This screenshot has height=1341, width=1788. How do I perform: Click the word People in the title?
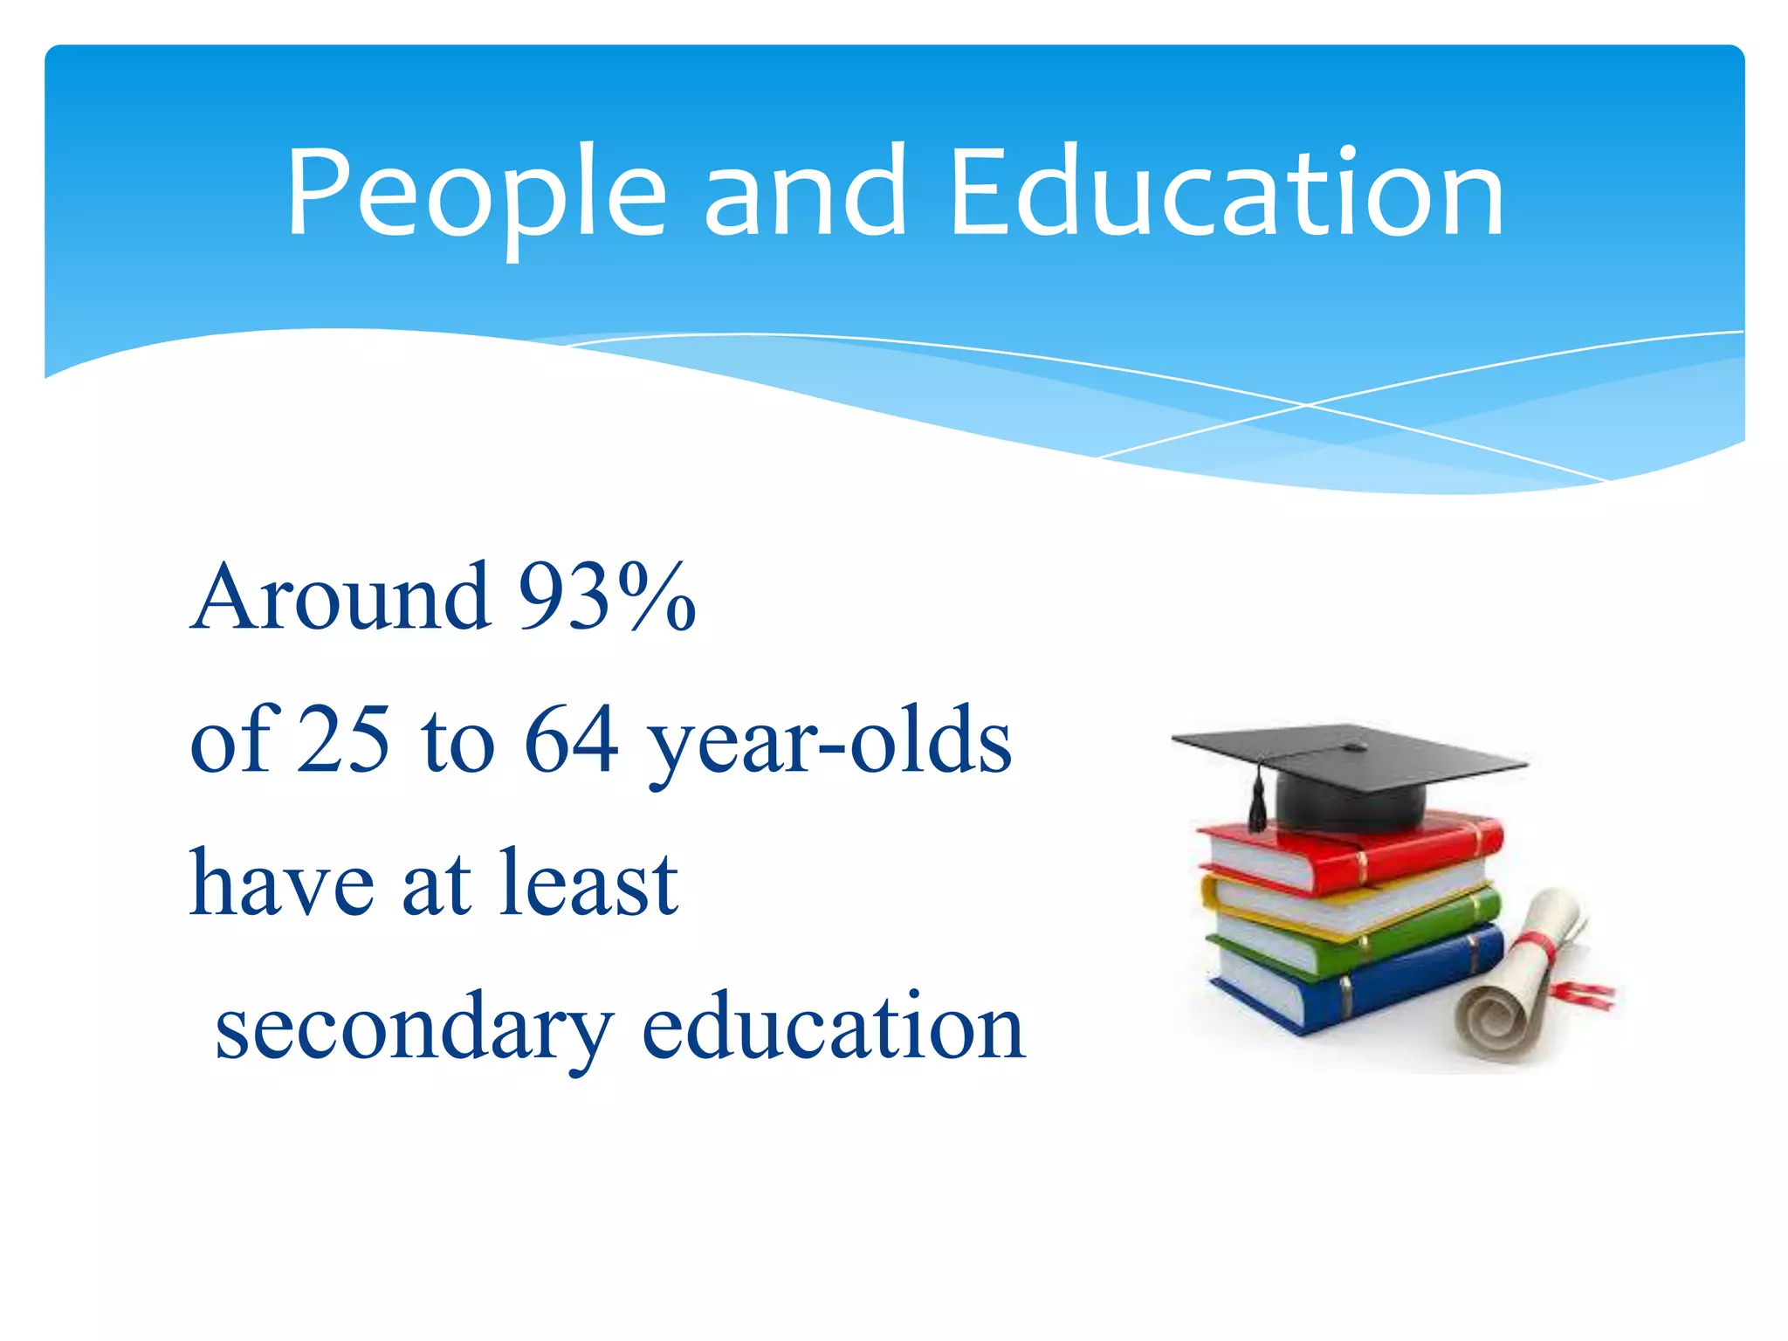(x=476, y=194)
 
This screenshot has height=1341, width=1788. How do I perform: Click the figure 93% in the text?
(x=607, y=597)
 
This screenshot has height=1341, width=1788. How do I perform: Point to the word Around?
(x=340, y=597)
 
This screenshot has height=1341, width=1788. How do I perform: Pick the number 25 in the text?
(x=342, y=740)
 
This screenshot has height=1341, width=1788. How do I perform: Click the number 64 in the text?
(x=571, y=740)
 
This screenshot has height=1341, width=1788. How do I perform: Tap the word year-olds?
(x=829, y=742)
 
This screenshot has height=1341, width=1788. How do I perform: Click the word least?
(x=589, y=884)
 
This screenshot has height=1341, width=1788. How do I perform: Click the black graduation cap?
(x=1349, y=768)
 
